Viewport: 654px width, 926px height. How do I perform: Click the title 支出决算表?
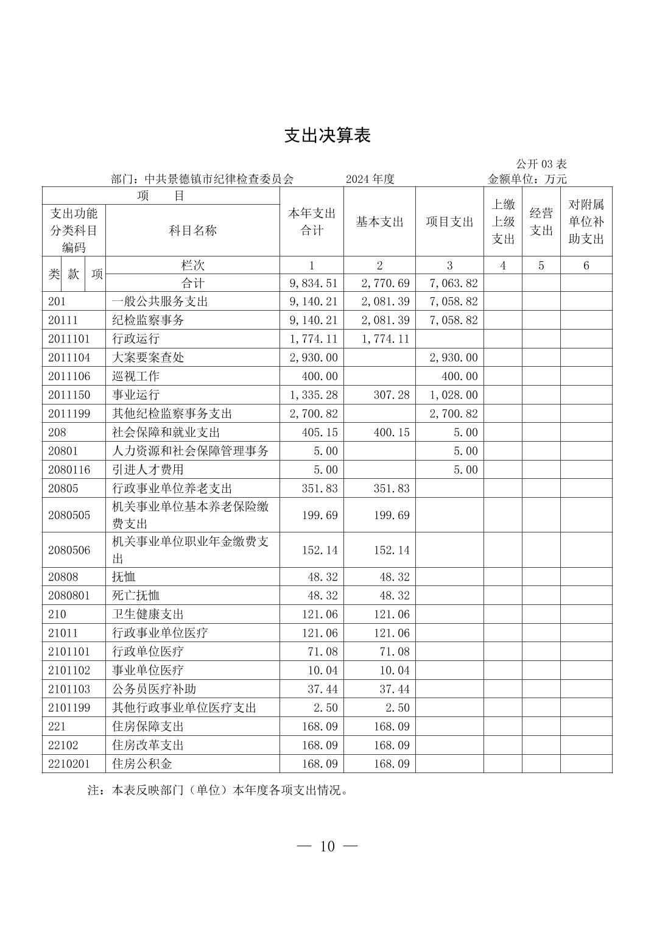point(327,135)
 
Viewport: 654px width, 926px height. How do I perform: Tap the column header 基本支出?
point(379,222)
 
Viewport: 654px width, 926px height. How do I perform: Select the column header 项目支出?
point(449,222)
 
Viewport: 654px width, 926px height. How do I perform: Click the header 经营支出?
point(541,222)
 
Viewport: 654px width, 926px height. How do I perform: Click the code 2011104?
point(69,358)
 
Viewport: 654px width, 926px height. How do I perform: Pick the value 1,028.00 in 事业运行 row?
point(454,395)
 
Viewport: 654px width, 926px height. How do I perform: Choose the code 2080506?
point(69,550)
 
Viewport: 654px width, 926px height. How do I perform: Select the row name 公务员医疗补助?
point(154,689)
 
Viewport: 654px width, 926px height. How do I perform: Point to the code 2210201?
point(69,764)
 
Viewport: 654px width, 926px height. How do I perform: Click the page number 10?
point(327,846)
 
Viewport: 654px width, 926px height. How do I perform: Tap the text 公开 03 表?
point(541,164)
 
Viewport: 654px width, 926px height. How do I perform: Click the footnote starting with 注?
point(218,791)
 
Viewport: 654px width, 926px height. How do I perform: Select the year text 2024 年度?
point(370,179)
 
